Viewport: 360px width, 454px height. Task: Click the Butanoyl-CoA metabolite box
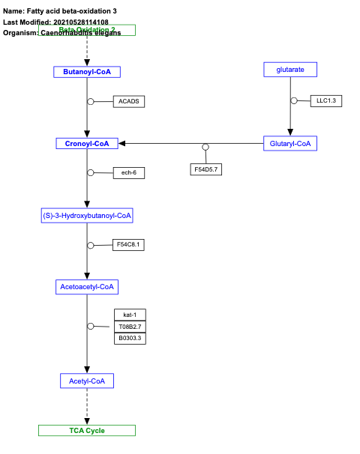[87, 71]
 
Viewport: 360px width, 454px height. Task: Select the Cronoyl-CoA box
[87, 143]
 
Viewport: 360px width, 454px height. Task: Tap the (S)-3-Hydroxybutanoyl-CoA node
[87, 216]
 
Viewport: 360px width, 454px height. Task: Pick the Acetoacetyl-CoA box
[87, 286]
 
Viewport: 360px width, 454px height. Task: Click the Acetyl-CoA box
[87, 381]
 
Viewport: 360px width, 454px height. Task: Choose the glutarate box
[290, 70]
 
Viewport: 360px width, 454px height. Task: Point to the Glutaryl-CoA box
[290, 143]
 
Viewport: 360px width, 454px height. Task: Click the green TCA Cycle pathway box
[87, 430]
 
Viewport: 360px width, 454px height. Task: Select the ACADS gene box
[128, 101]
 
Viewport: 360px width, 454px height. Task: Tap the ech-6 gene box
[128, 173]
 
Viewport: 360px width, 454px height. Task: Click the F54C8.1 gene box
[128, 244]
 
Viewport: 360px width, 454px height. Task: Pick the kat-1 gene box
[130, 315]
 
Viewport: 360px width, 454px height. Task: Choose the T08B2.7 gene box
[130, 327]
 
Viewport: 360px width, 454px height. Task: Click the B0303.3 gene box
[130, 339]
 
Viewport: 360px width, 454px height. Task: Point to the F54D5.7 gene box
[205, 169]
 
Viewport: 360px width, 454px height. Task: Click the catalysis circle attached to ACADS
[91, 101]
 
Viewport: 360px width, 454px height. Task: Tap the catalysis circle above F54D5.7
[205, 147]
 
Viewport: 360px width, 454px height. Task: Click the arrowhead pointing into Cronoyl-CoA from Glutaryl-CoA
[122, 143]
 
